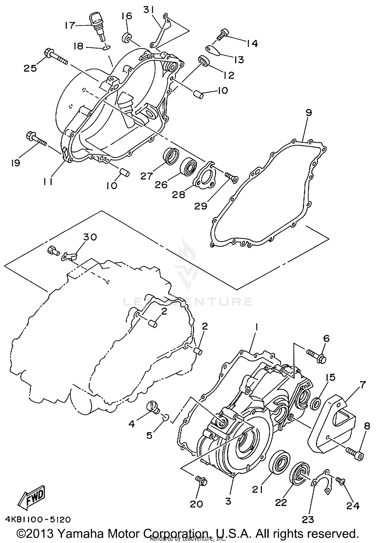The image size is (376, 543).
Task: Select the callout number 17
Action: coord(70,25)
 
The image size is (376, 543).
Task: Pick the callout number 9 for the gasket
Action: coord(309,113)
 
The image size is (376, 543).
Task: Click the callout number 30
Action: coord(90,237)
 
